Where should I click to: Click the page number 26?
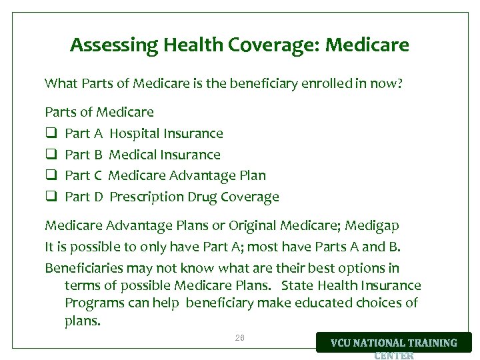[240, 338]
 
